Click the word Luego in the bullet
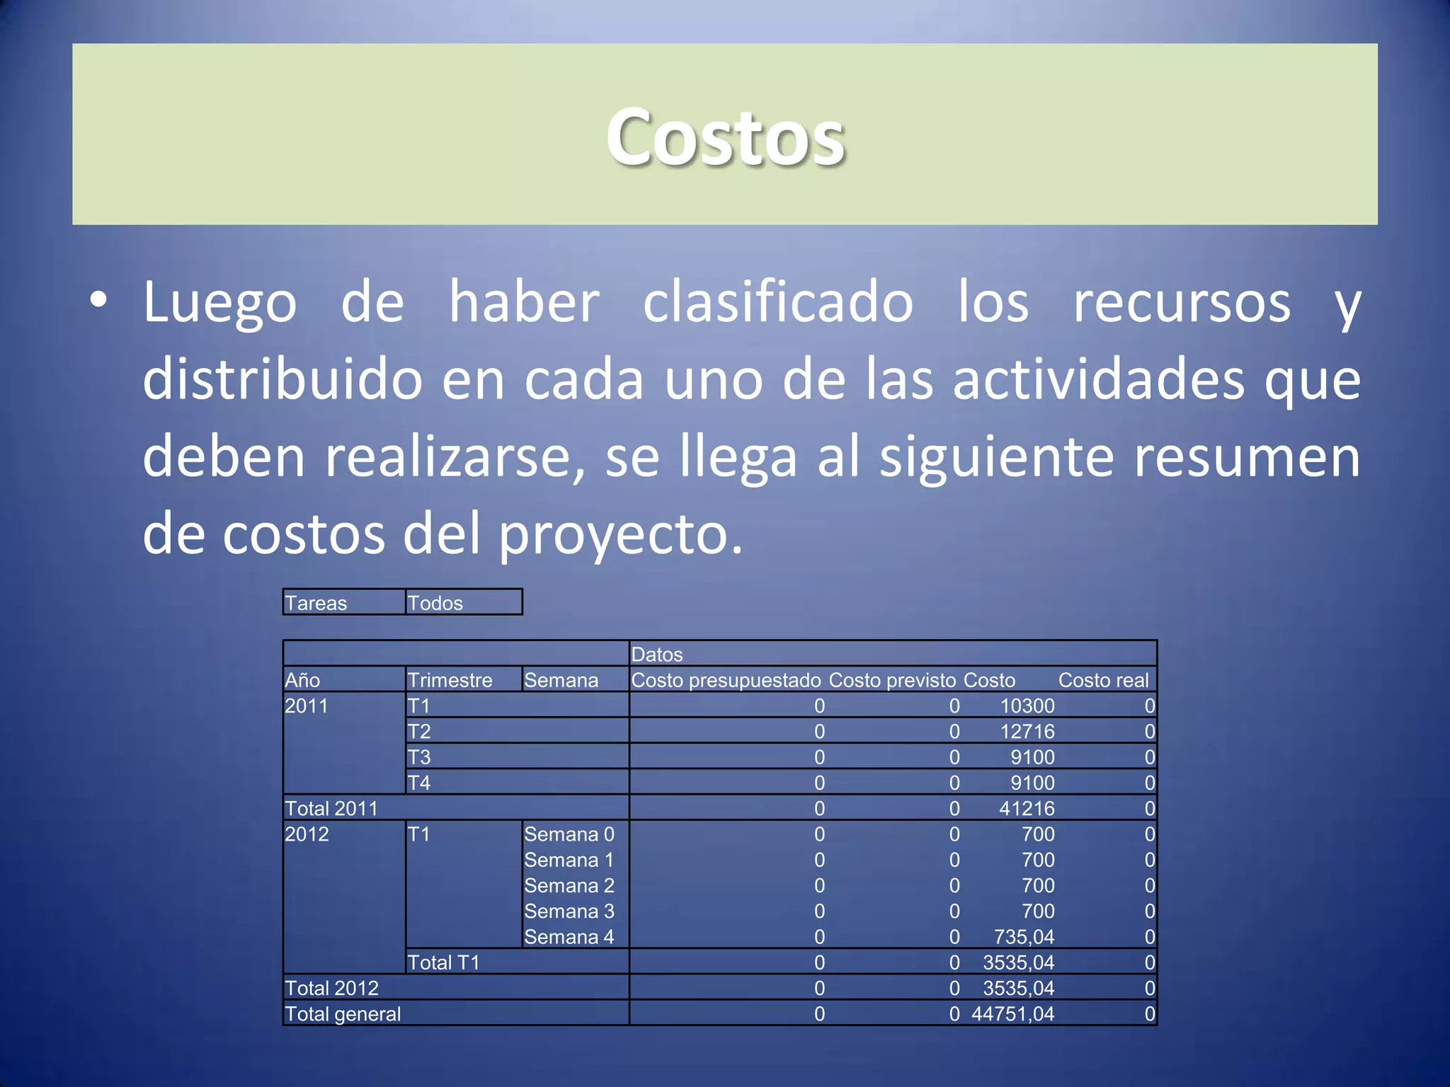coord(219,303)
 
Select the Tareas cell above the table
coord(316,603)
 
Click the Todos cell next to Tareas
coord(435,603)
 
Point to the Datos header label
coord(657,655)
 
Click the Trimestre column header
coord(450,680)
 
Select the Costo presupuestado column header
coord(726,680)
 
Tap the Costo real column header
coord(1103,680)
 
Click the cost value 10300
coord(1027,706)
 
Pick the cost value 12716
coord(1027,731)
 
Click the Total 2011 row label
coord(331,808)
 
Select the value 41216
coord(1027,808)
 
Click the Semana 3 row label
coord(569,911)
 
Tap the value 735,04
coord(1024,937)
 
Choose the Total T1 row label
coord(444,962)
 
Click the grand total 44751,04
coord(1012,1014)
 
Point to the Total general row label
coord(343,1014)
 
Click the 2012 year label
coord(307,834)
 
